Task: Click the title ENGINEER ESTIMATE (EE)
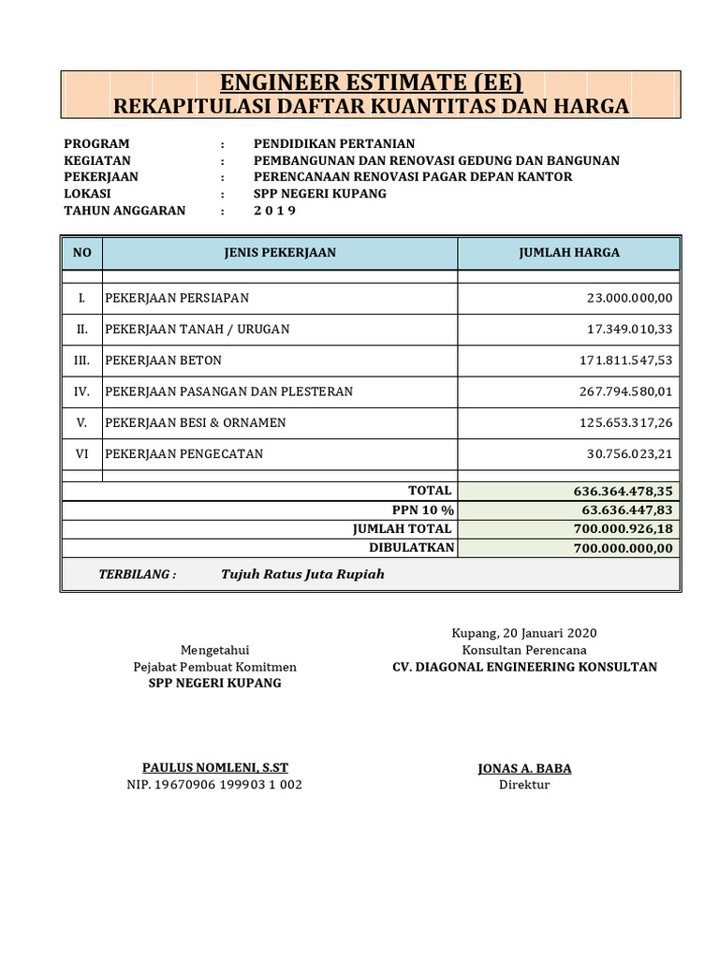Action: pyautogui.click(x=372, y=82)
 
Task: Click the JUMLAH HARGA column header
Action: pyautogui.click(x=568, y=253)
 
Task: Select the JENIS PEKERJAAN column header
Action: pyautogui.click(x=280, y=253)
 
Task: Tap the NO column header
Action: pyautogui.click(x=82, y=253)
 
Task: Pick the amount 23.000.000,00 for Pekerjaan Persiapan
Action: pyautogui.click(x=629, y=298)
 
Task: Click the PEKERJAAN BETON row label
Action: pyautogui.click(x=164, y=361)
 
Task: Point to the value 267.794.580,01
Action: pyautogui.click(x=626, y=391)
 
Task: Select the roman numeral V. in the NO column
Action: pyautogui.click(x=82, y=422)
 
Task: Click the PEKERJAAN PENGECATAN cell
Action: pyautogui.click(x=184, y=454)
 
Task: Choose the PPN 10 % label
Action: pyautogui.click(x=423, y=510)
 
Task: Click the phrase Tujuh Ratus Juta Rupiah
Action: pyautogui.click(x=302, y=574)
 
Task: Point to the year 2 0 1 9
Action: pyautogui.click(x=274, y=211)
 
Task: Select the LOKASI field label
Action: pyautogui.click(x=88, y=194)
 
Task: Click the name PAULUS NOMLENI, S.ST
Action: pyautogui.click(x=214, y=768)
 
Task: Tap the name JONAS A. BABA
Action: pyautogui.click(x=524, y=769)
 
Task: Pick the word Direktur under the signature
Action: pyautogui.click(x=524, y=785)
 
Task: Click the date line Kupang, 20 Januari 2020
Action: pyautogui.click(x=524, y=633)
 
